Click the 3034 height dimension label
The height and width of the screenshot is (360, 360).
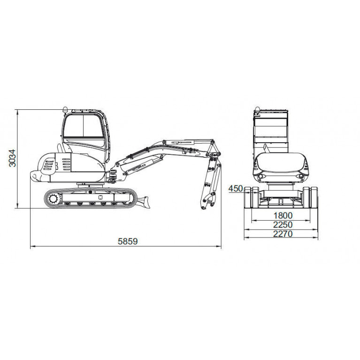pyautogui.click(x=12, y=158)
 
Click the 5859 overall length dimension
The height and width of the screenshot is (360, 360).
pyautogui.click(x=128, y=241)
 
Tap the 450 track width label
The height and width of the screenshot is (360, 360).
pyautogui.click(x=236, y=189)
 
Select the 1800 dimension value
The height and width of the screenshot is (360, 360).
pyautogui.click(x=283, y=215)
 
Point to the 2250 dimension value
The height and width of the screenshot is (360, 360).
pyautogui.click(x=283, y=224)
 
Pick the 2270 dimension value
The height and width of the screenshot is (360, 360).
pyautogui.click(x=283, y=234)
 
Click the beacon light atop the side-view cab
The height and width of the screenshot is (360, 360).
pyautogui.click(x=65, y=109)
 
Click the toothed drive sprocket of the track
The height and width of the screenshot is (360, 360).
pyautogui.click(x=53, y=199)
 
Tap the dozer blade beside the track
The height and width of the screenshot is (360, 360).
pyautogui.click(x=144, y=202)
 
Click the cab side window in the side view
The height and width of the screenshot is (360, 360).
pyautogui.click(x=84, y=126)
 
